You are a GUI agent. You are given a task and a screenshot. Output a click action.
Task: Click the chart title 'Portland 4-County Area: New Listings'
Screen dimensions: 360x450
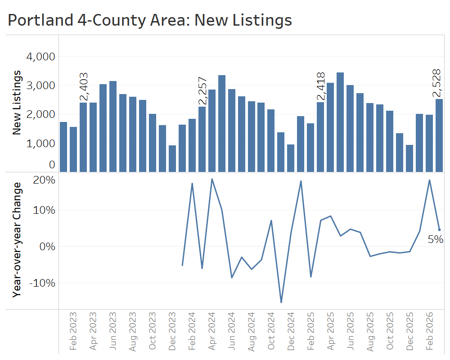click(150, 20)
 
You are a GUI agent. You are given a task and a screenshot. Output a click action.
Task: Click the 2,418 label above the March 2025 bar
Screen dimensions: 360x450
click(320, 87)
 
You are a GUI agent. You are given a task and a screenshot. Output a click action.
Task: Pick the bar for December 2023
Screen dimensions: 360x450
click(172, 158)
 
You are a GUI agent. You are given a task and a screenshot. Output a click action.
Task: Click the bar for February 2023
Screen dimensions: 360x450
click(73, 149)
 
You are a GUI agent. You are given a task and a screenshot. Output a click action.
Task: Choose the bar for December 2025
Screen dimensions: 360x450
click(409, 158)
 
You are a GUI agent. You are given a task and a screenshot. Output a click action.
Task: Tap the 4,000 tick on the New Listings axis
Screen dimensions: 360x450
click(41, 57)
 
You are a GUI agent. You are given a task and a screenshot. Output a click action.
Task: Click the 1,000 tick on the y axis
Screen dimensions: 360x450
click(41, 143)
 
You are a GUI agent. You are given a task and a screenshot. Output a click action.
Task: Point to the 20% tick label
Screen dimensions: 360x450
click(44, 180)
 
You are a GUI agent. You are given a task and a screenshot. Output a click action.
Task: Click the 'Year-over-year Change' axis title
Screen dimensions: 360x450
click(18, 239)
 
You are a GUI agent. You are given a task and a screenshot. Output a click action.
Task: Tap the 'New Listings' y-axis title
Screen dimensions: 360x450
click(17, 102)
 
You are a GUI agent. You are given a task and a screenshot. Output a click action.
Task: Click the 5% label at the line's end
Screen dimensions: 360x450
click(435, 240)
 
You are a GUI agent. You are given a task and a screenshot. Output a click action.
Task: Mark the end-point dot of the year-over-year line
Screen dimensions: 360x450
click(439, 230)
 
